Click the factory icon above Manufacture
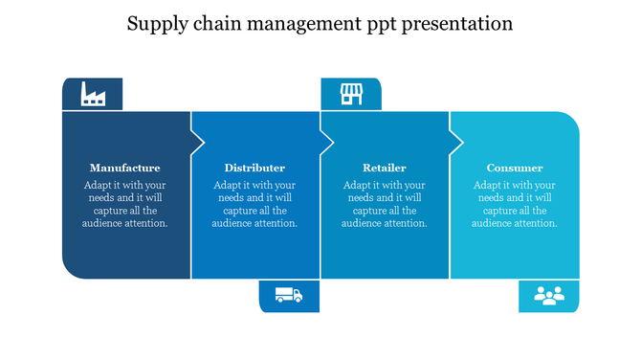(93, 94)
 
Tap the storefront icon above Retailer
(352, 94)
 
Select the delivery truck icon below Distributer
(288, 296)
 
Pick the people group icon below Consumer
(549, 296)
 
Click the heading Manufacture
(125, 168)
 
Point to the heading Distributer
(254, 168)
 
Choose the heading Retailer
(385, 168)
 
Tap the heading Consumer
(515, 168)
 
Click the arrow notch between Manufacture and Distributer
(198, 142)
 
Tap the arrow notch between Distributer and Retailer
(327, 142)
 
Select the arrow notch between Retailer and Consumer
(456, 142)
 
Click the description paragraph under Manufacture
(125, 204)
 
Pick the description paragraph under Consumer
(515, 204)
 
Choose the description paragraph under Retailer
(385, 204)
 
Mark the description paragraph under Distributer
(254, 204)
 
